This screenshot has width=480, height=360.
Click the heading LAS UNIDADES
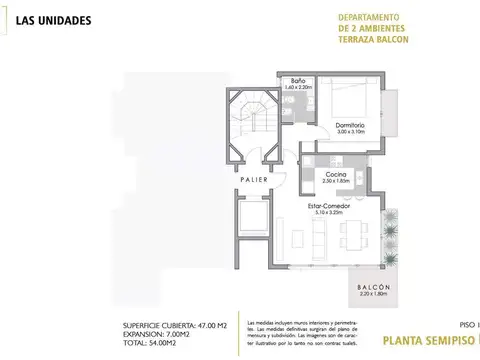point(56,20)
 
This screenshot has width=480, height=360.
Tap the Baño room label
point(298,81)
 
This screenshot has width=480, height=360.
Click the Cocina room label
point(335,173)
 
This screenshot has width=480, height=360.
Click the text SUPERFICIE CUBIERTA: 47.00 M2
point(167,327)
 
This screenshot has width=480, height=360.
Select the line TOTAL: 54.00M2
point(145,343)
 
